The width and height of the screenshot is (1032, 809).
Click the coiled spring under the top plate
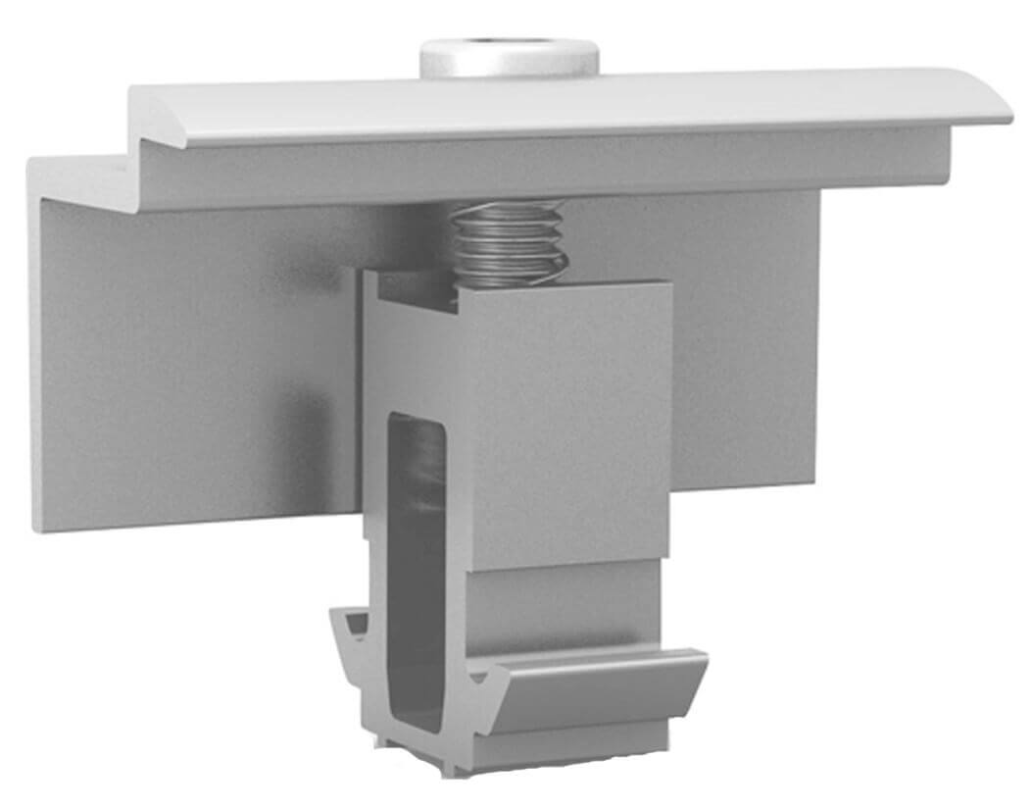pos(509,244)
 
